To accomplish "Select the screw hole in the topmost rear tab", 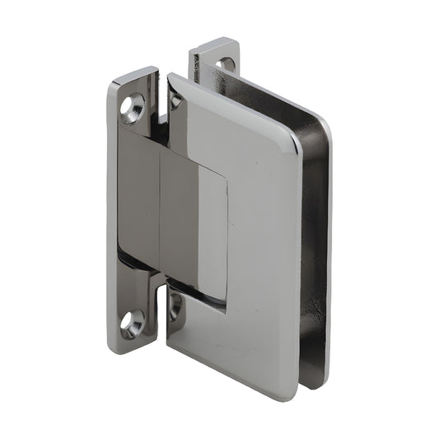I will click(x=223, y=63).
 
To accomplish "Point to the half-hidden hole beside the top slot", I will click(x=175, y=100).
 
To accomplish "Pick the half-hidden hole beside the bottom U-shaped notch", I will click(x=175, y=306).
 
